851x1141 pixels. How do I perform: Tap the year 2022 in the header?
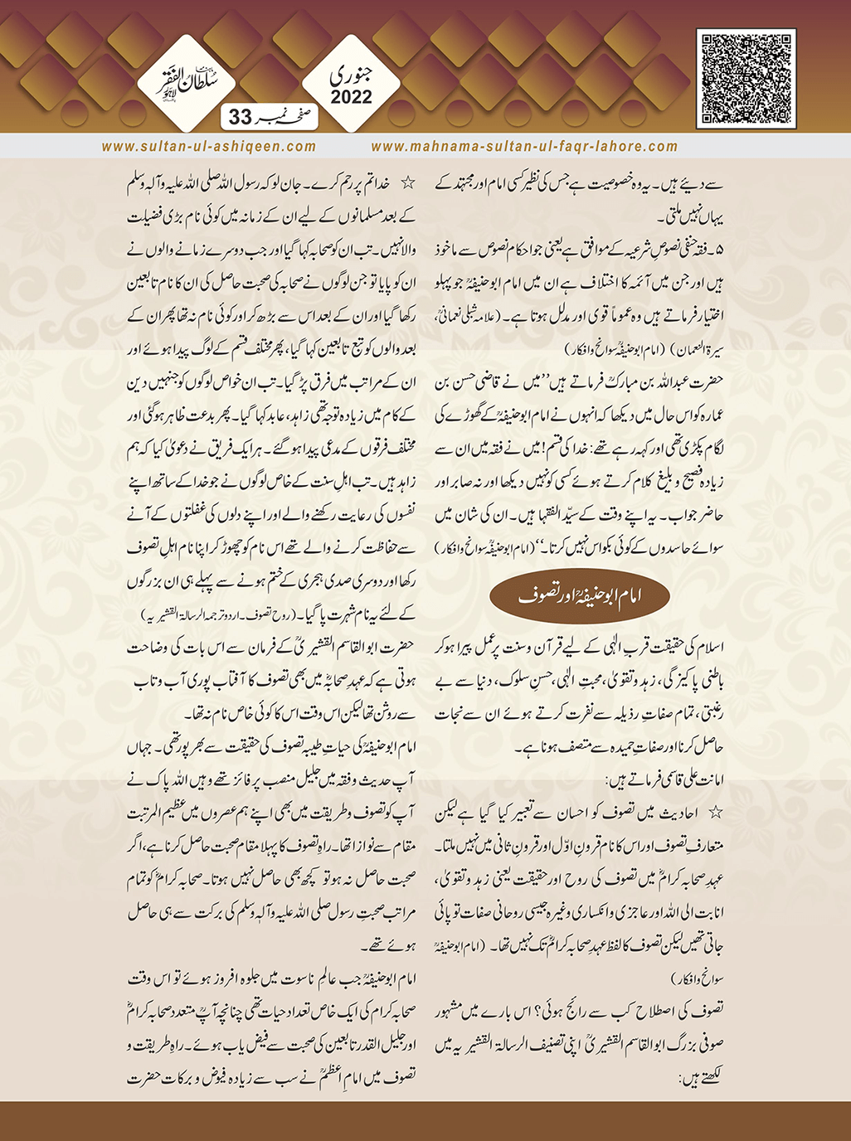[x=352, y=98]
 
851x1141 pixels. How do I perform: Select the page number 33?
[x=239, y=119]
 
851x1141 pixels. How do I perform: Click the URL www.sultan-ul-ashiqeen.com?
[x=209, y=147]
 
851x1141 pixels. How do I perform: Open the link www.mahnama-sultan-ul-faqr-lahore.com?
[x=524, y=147]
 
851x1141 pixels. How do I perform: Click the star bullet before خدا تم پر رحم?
[x=408, y=181]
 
